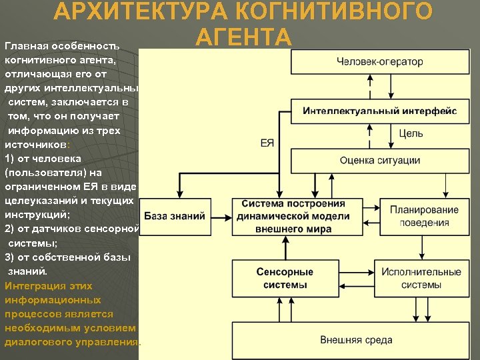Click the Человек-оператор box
379,62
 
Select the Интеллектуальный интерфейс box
379,111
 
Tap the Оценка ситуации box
379,160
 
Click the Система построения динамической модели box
293,216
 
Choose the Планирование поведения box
424,216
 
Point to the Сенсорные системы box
285,278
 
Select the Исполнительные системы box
421,278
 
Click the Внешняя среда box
356,339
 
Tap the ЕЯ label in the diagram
267,143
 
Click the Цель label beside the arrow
411,133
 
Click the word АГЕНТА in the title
243,37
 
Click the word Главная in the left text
27,47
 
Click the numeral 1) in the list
10,159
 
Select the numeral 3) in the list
10,257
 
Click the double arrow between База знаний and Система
222,216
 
